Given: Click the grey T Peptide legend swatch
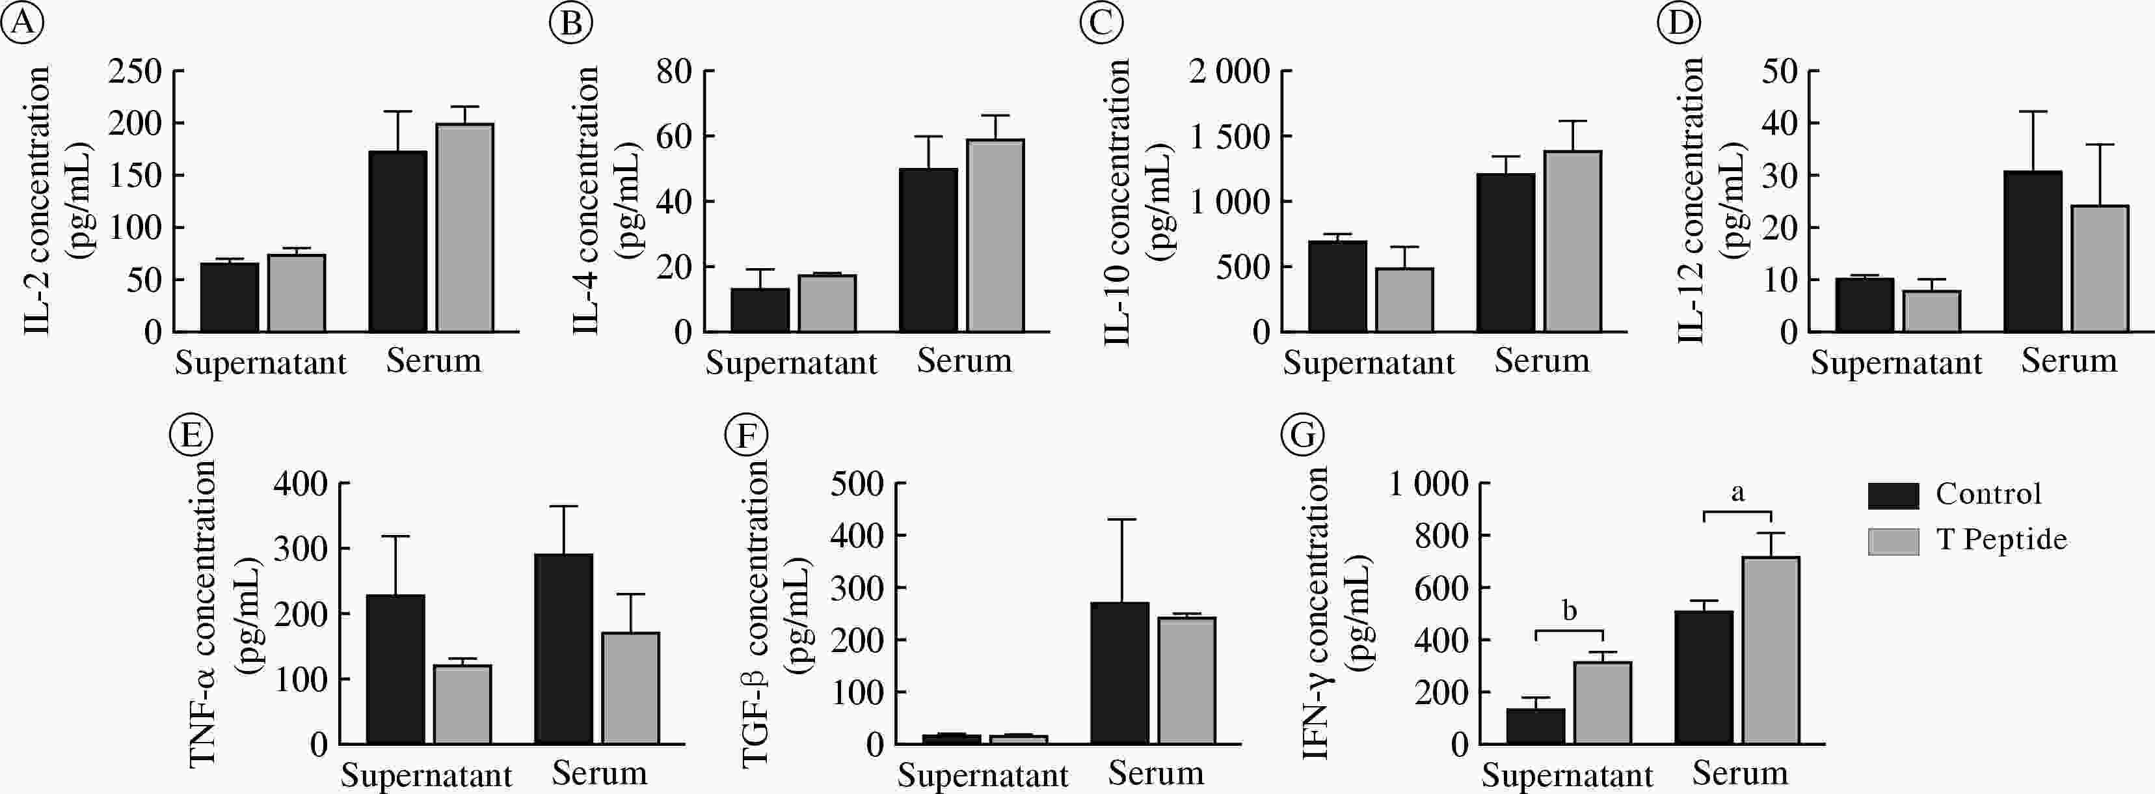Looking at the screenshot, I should point(1893,540).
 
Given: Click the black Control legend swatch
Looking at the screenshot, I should point(1893,495).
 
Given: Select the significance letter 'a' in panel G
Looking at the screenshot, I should point(1737,493).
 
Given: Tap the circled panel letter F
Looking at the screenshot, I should point(746,435).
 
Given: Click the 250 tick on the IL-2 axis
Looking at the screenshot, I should point(135,72).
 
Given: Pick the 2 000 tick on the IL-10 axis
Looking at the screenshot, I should point(1229,72).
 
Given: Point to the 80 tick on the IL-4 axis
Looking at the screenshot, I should point(673,72).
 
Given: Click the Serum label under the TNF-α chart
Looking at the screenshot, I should point(599,773).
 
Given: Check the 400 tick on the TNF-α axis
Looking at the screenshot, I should point(301,484).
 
